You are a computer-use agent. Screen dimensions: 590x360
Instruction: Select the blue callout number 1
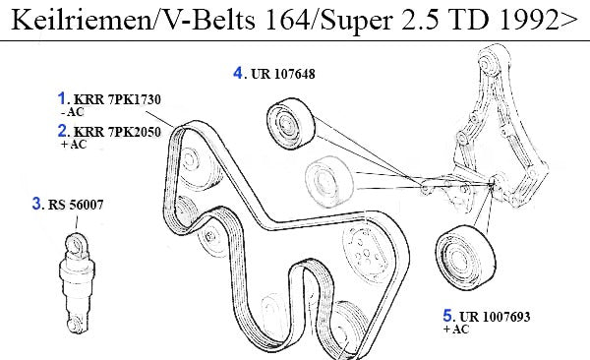(62, 98)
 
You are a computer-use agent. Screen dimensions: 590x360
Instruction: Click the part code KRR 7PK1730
(117, 99)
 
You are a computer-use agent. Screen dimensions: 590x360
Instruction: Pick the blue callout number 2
(63, 131)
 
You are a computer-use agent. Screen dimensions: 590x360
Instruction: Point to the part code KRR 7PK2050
(117, 132)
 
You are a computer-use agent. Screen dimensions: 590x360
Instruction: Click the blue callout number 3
(37, 204)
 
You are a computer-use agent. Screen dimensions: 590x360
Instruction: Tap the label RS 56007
(76, 205)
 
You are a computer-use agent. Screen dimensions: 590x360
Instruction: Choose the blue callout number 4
(238, 73)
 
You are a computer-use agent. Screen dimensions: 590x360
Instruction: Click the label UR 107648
(282, 74)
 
